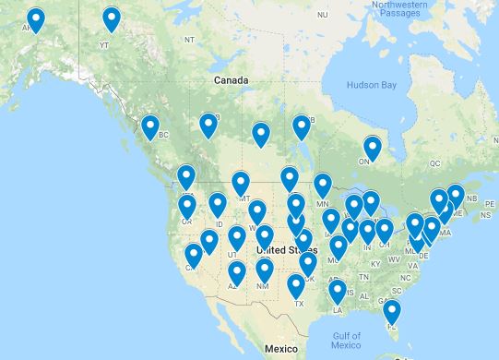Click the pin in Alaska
pyautogui.click(x=36, y=18)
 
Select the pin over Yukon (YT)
pyautogui.click(x=111, y=18)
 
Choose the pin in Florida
pyautogui.click(x=392, y=311)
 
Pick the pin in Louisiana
pyautogui.click(x=338, y=292)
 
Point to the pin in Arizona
pyautogui.click(x=237, y=272)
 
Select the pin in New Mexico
pyautogui.click(x=265, y=270)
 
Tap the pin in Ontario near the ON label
pyautogui.click(x=372, y=147)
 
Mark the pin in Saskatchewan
pyautogui.click(x=261, y=135)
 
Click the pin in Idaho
pyautogui.click(x=218, y=204)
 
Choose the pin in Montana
pyautogui.click(x=241, y=183)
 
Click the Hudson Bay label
pyautogui.click(x=370, y=86)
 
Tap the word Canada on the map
pyautogui.click(x=232, y=81)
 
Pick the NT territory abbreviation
pyautogui.click(x=189, y=39)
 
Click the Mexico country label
pyautogui.click(x=279, y=350)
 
